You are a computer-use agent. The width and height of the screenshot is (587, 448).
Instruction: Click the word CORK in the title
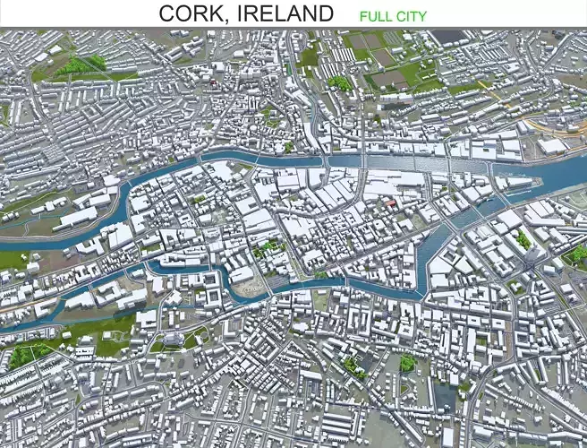(x=192, y=13)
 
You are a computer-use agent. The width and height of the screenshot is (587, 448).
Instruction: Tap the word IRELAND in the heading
(x=287, y=13)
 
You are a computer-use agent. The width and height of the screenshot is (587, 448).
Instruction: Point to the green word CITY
(x=413, y=15)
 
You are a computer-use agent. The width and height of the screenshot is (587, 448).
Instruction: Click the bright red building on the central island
(x=389, y=203)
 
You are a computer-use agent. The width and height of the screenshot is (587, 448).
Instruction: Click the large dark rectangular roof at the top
(x=450, y=37)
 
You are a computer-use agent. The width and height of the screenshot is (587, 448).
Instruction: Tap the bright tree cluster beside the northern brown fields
(x=339, y=83)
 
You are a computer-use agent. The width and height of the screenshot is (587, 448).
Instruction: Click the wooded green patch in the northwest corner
(x=79, y=65)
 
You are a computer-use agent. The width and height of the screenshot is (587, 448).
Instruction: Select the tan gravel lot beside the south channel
(x=251, y=285)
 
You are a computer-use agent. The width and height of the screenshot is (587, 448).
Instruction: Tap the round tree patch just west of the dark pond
(x=408, y=363)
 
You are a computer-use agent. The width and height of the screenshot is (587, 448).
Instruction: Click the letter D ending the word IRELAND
(x=325, y=13)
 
